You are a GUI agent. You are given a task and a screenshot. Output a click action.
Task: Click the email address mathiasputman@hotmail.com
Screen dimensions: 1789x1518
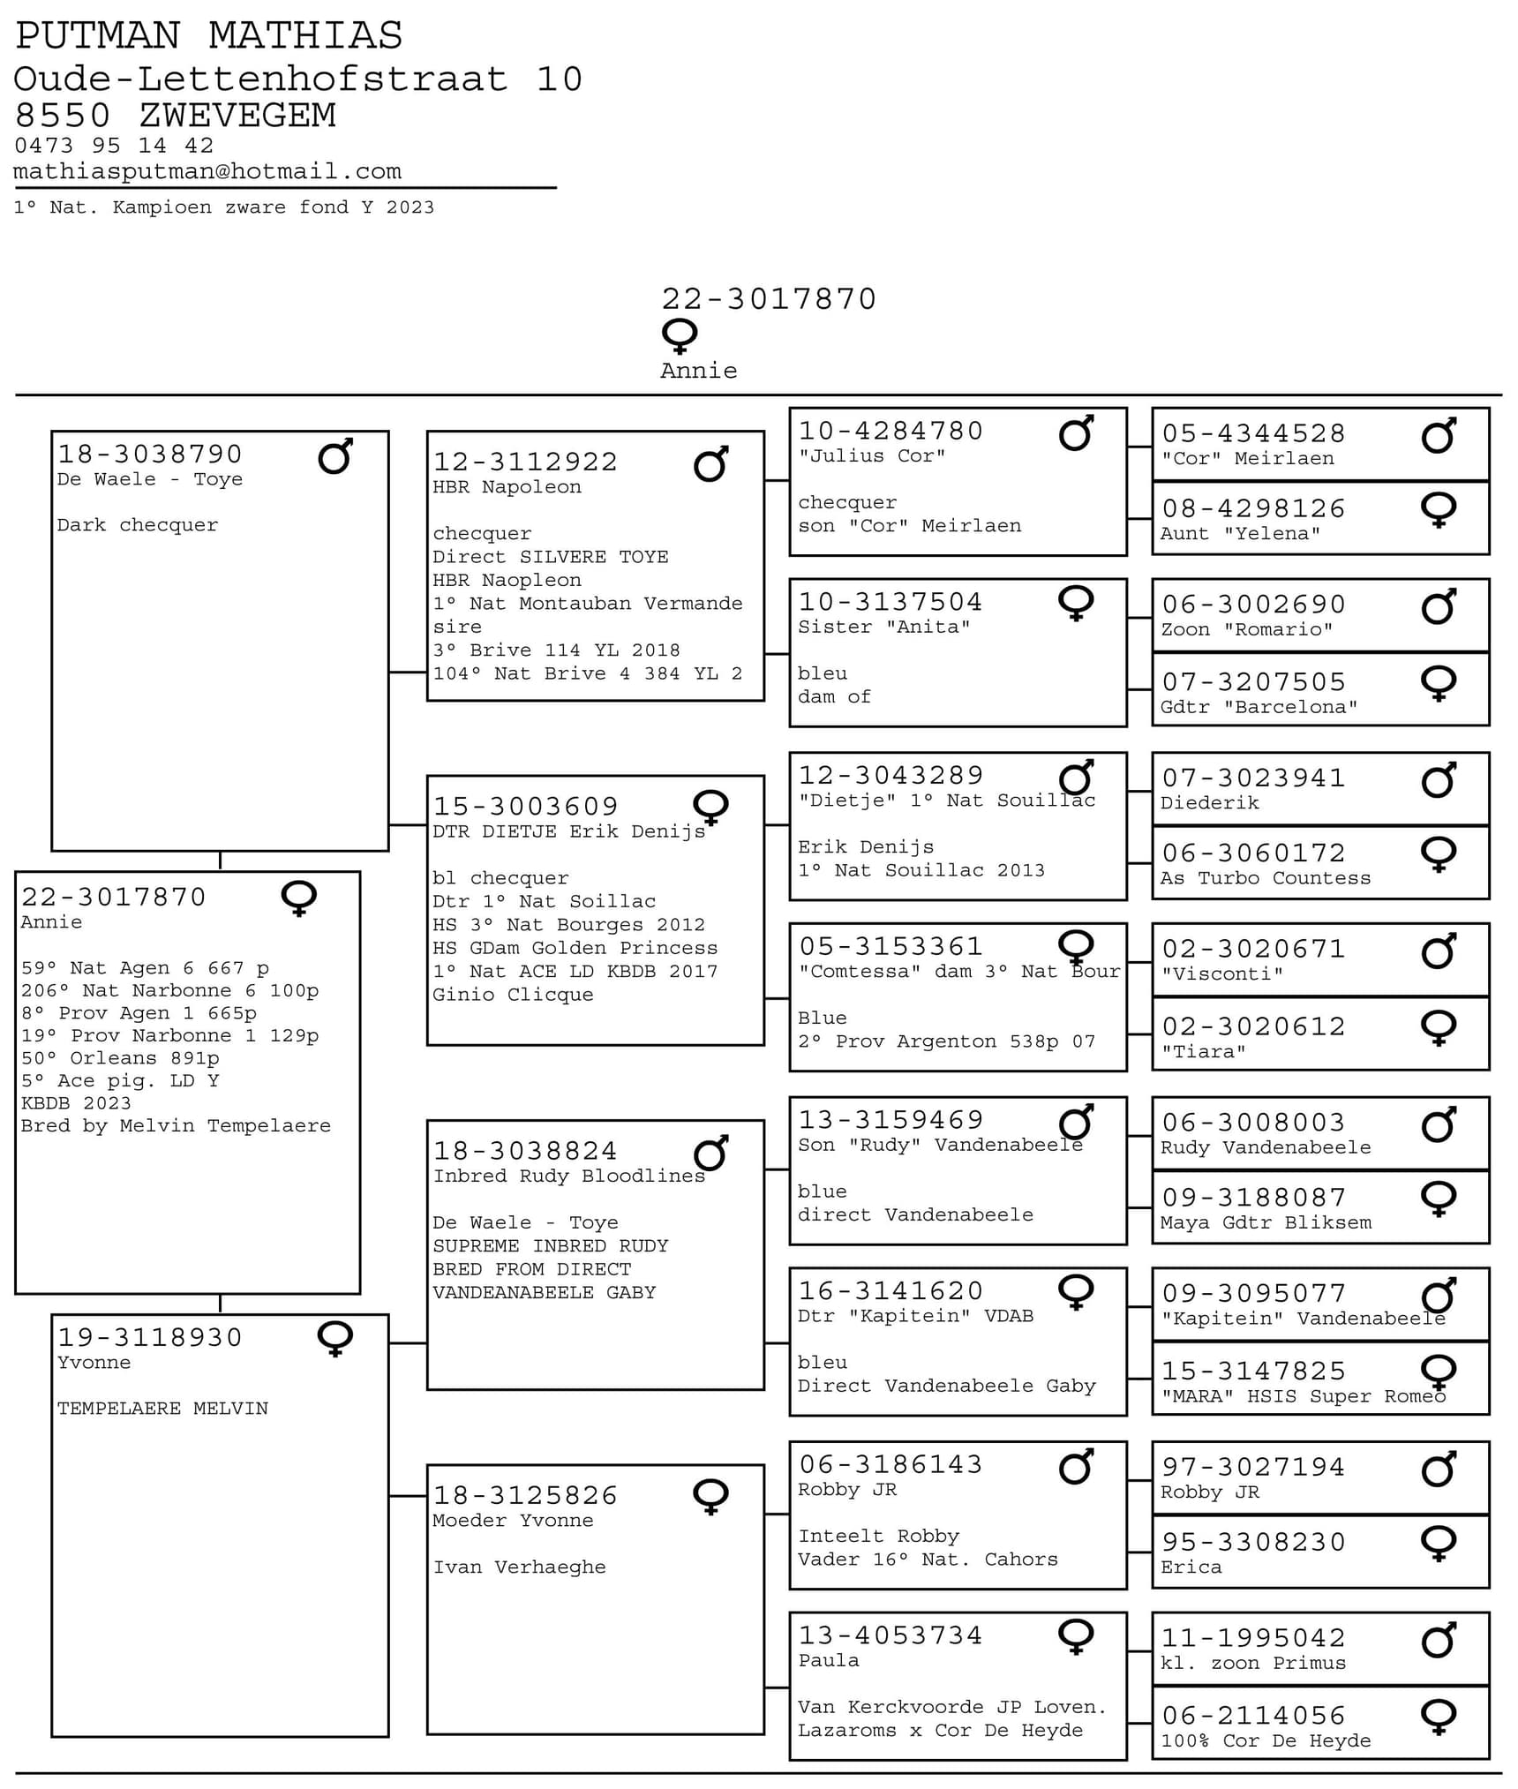tap(207, 171)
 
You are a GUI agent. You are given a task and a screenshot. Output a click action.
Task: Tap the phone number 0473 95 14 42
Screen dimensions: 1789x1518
tap(114, 146)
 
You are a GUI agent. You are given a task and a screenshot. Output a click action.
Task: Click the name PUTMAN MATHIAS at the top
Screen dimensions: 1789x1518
tap(209, 36)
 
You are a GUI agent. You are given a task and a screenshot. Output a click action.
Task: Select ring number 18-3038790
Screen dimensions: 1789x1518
tap(150, 454)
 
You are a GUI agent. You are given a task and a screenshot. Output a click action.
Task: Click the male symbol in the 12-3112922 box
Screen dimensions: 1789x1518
tap(710, 464)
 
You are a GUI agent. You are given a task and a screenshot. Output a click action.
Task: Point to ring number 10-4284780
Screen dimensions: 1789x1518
tap(891, 431)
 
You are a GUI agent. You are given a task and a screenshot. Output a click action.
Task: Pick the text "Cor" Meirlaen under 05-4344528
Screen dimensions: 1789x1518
tap(1247, 459)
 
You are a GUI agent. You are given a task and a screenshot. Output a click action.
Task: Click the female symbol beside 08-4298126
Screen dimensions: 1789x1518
tap(1438, 509)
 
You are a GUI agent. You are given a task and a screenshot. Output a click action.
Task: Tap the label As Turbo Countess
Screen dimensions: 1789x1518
tap(1265, 878)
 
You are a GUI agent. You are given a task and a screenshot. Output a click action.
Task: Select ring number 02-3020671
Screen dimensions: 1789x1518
tap(1253, 949)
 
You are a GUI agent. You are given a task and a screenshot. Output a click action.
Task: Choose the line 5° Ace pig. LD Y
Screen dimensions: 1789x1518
tap(120, 1080)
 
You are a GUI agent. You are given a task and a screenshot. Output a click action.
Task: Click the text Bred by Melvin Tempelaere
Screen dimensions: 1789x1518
tap(176, 1125)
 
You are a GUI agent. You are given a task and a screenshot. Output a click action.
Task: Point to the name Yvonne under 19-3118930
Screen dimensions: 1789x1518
tap(94, 1362)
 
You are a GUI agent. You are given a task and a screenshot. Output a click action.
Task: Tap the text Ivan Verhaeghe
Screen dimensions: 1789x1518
tap(519, 1567)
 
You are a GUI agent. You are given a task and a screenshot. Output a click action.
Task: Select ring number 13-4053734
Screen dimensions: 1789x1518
tap(891, 1635)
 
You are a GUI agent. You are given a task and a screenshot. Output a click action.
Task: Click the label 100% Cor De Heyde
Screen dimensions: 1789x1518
tap(1265, 1740)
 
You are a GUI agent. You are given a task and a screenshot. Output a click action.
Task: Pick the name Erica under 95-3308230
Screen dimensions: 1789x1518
tap(1191, 1567)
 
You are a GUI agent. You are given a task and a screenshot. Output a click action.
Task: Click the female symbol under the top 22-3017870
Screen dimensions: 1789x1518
tap(680, 335)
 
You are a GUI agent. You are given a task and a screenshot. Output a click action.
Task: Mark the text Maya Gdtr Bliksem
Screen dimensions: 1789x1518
tap(1265, 1222)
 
